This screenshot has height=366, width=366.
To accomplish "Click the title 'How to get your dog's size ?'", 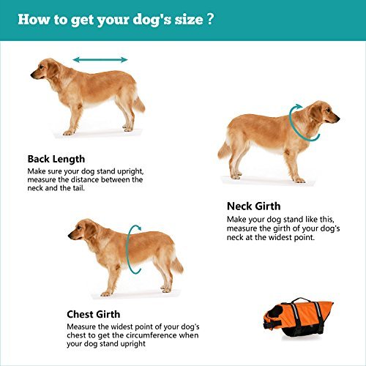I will (x=116, y=19).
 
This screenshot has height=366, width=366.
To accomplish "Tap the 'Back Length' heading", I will (x=56, y=159).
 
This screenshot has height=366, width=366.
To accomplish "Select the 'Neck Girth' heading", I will (x=253, y=206).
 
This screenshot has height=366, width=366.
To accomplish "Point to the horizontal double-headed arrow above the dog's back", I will (x=100, y=59).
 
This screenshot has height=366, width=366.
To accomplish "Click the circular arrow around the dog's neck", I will (x=299, y=122).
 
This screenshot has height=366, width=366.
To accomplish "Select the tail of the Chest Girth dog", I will (x=176, y=263).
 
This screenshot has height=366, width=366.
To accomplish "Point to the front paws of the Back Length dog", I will (x=71, y=132).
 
